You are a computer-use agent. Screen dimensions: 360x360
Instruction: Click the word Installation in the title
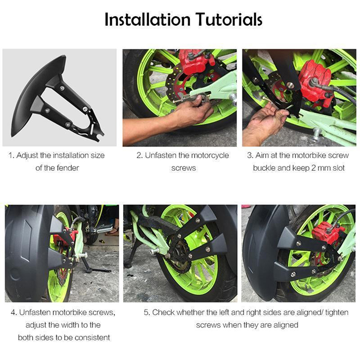pos(148,19)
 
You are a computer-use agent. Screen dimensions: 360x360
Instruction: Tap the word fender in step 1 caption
pos(67,168)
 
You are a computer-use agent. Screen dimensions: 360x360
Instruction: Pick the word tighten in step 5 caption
pos(337,312)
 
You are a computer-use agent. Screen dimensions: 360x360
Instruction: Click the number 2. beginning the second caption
pos(139,155)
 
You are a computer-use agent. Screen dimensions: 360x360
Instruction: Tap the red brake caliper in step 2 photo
pos(196,61)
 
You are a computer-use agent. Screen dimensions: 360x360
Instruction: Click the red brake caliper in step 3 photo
pos(316,81)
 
